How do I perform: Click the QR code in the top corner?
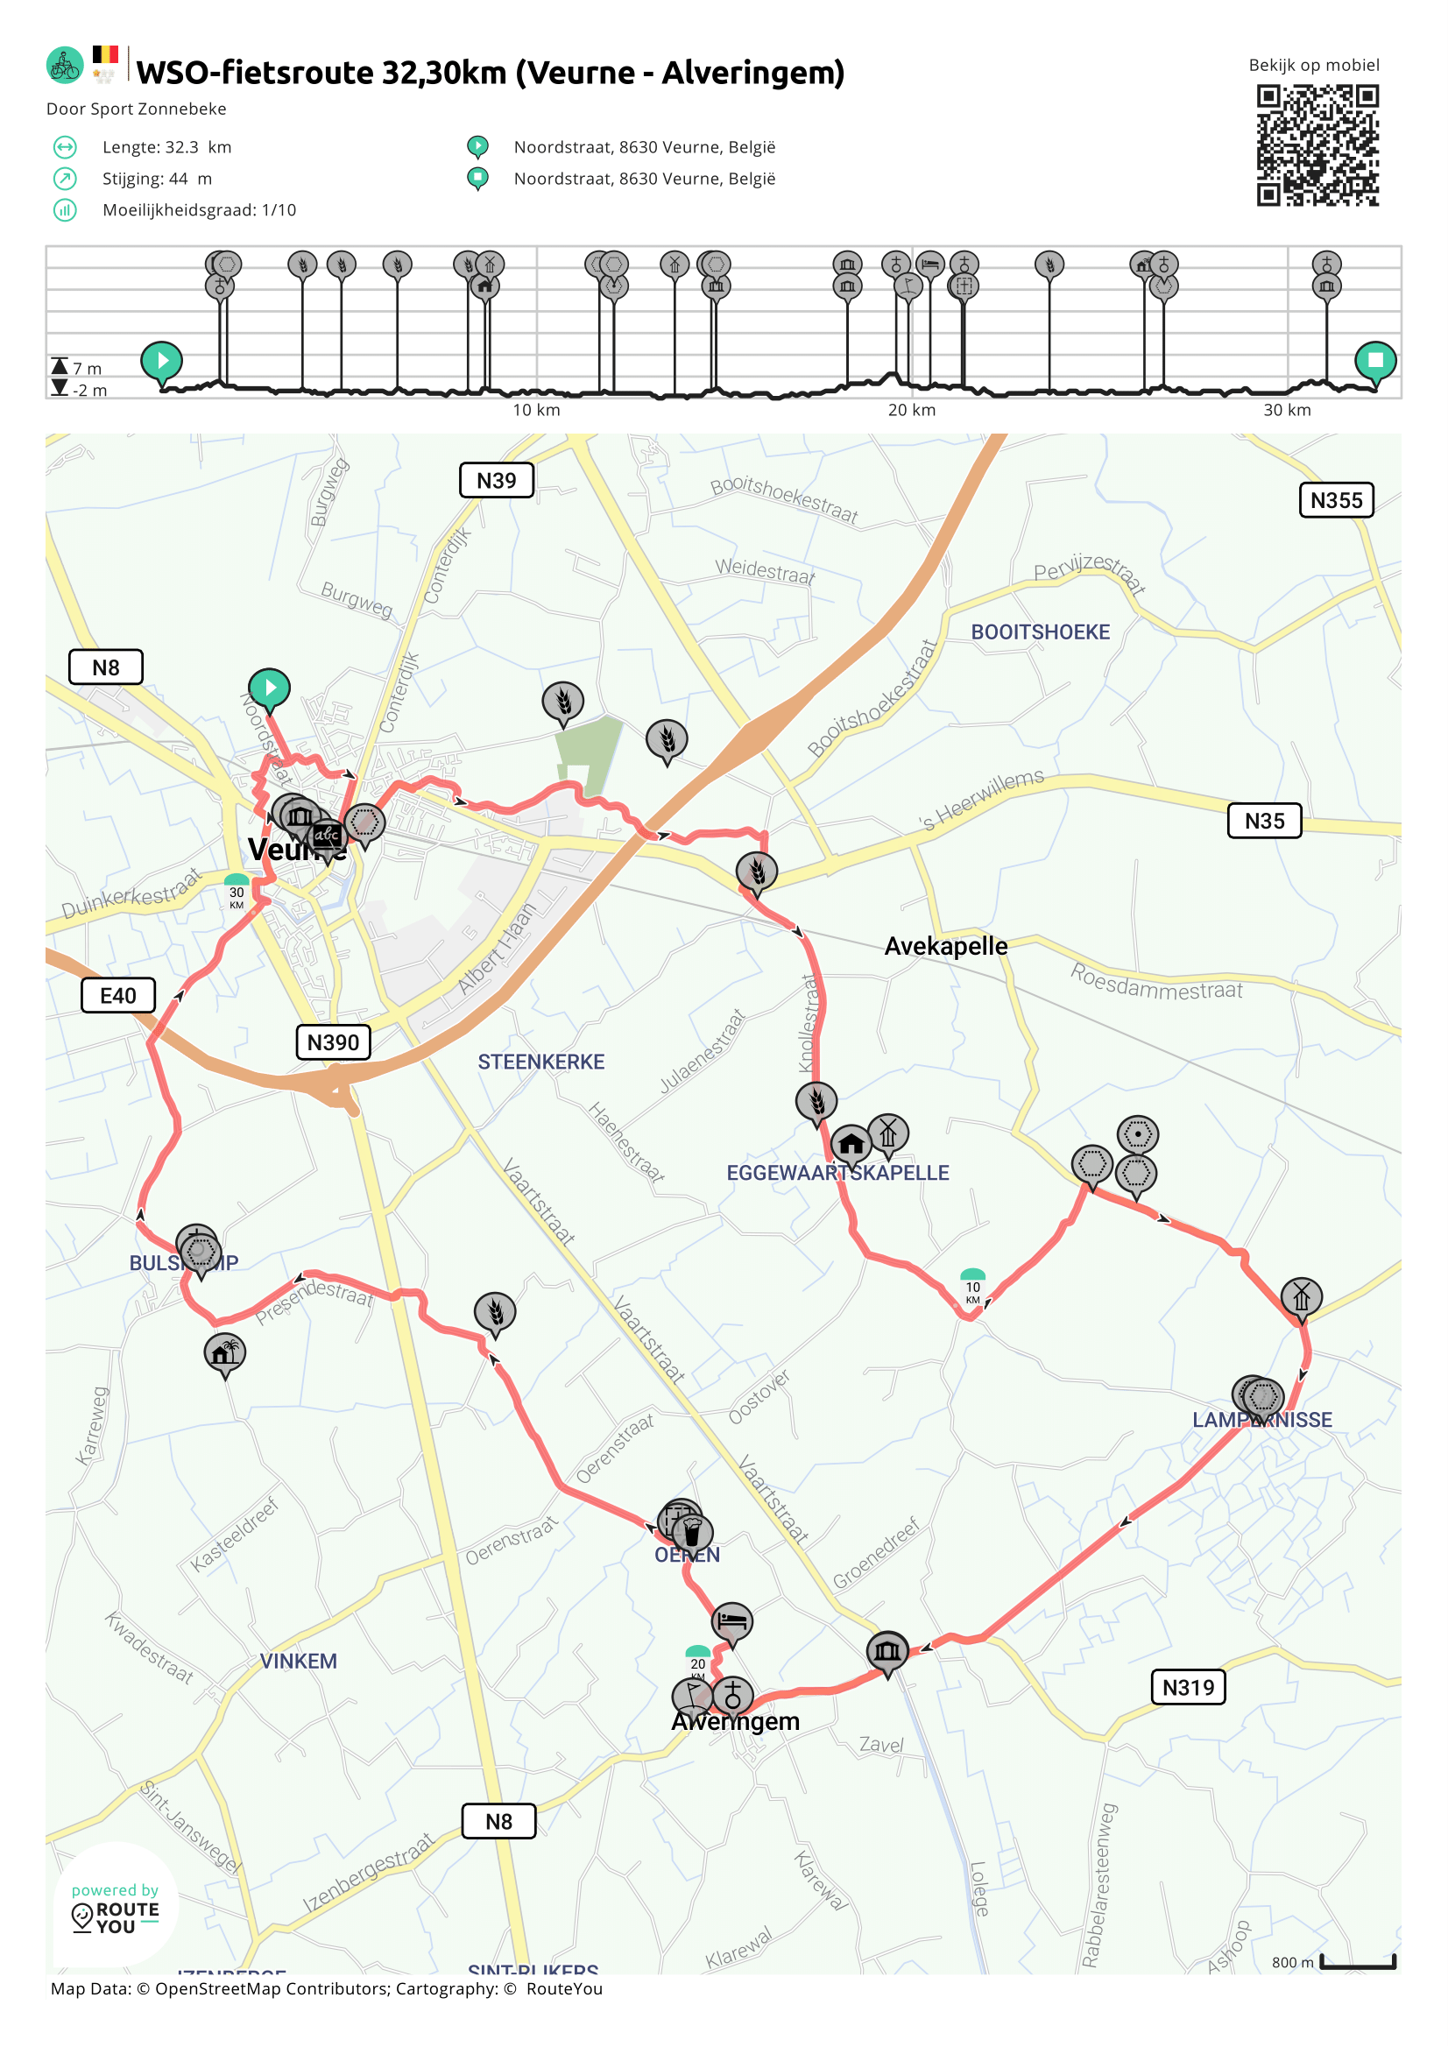click(1317, 145)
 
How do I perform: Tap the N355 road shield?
click(1336, 500)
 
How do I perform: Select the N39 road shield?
click(497, 481)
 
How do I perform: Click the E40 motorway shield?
click(118, 995)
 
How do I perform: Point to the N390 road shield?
click(334, 1041)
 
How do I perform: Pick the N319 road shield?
click(1188, 1687)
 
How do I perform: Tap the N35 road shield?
click(1264, 820)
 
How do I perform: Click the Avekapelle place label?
click(945, 946)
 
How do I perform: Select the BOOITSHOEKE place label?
click(1040, 632)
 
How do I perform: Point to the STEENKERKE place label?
click(541, 1062)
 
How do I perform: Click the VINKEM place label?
click(299, 1661)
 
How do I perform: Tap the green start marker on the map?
click(269, 688)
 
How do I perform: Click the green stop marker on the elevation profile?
click(1375, 360)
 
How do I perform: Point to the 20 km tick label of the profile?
click(911, 410)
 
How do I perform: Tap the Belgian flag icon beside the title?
click(105, 55)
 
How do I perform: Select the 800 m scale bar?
click(1357, 1961)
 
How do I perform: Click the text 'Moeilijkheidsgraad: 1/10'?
click(199, 210)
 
